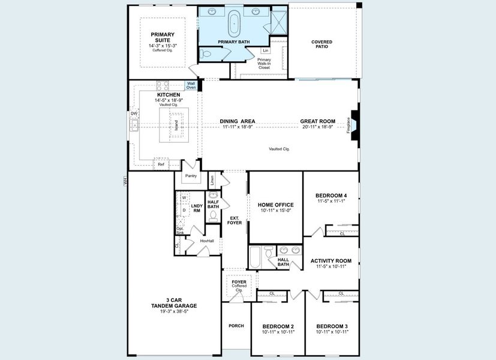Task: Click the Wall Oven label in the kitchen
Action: click(191, 86)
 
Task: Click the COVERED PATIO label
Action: click(321, 45)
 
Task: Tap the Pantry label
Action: click(191, 176)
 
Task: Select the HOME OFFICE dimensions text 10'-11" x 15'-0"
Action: click(275, 210)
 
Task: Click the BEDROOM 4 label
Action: click(331, 196)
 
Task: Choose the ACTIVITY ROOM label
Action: click(331, 261)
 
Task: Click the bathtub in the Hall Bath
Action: click(254, 257)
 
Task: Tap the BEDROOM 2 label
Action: click(278, 326)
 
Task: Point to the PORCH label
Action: click(236, 326)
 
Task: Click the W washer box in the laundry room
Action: click(184, 197)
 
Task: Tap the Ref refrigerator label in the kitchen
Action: click(161, 164)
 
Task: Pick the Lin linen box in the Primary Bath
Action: click(265, 51)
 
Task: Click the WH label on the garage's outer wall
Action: click(126, 180)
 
